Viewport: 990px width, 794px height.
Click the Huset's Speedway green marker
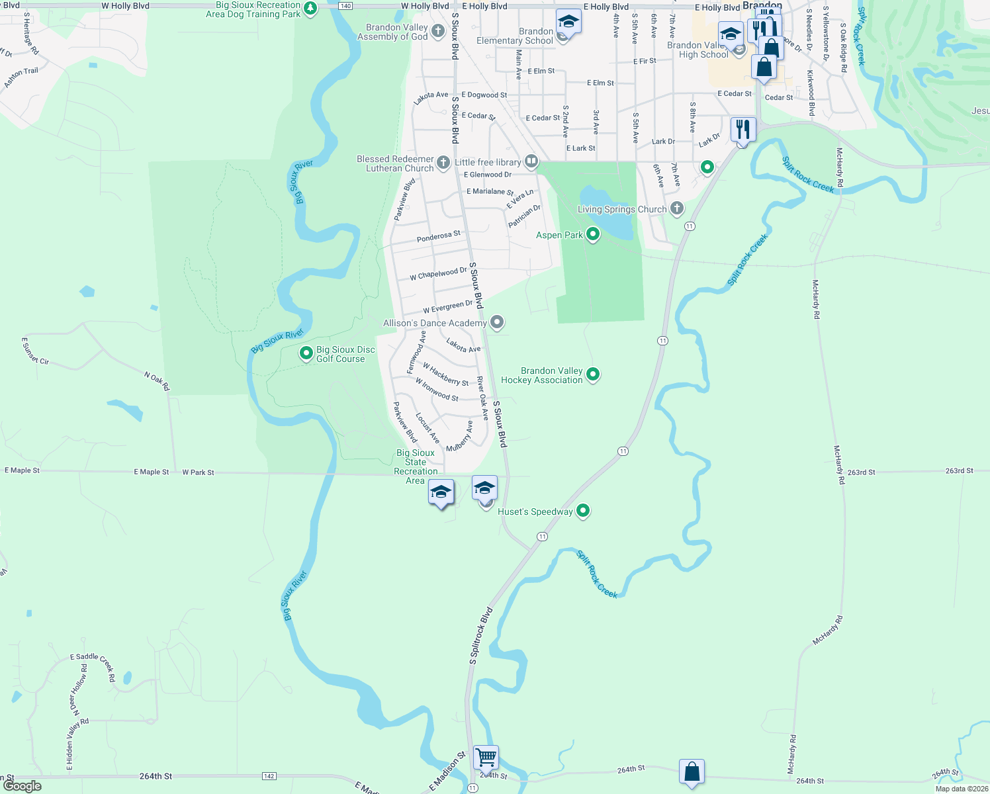click(583, 511)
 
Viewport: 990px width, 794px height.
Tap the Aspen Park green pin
click(593, 234)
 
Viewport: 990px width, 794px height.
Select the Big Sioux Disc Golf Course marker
click(306, 353)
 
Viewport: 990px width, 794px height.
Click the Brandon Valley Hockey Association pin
click(593, 375)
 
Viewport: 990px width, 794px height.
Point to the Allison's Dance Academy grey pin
click(497, 322)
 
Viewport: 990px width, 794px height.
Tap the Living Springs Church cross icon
click(676, 208)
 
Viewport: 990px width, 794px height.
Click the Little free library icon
click(531, 161)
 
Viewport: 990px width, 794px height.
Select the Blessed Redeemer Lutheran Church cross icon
click(443, 162)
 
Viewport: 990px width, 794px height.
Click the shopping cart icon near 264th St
click(486, 757)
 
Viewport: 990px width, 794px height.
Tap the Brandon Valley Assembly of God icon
click(437, 30)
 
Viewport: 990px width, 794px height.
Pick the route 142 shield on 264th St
click(269, 776)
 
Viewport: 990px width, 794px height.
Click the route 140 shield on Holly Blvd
click(345, 6)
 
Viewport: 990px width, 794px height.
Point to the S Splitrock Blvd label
click(481, 636)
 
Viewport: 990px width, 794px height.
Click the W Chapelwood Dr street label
click(438, 274)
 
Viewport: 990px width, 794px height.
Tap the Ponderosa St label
click(438, 236)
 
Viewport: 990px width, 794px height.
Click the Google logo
click(22, 786)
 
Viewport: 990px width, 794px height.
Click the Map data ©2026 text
click(962, 789)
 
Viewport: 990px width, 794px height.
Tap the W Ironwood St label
click(437, 390)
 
